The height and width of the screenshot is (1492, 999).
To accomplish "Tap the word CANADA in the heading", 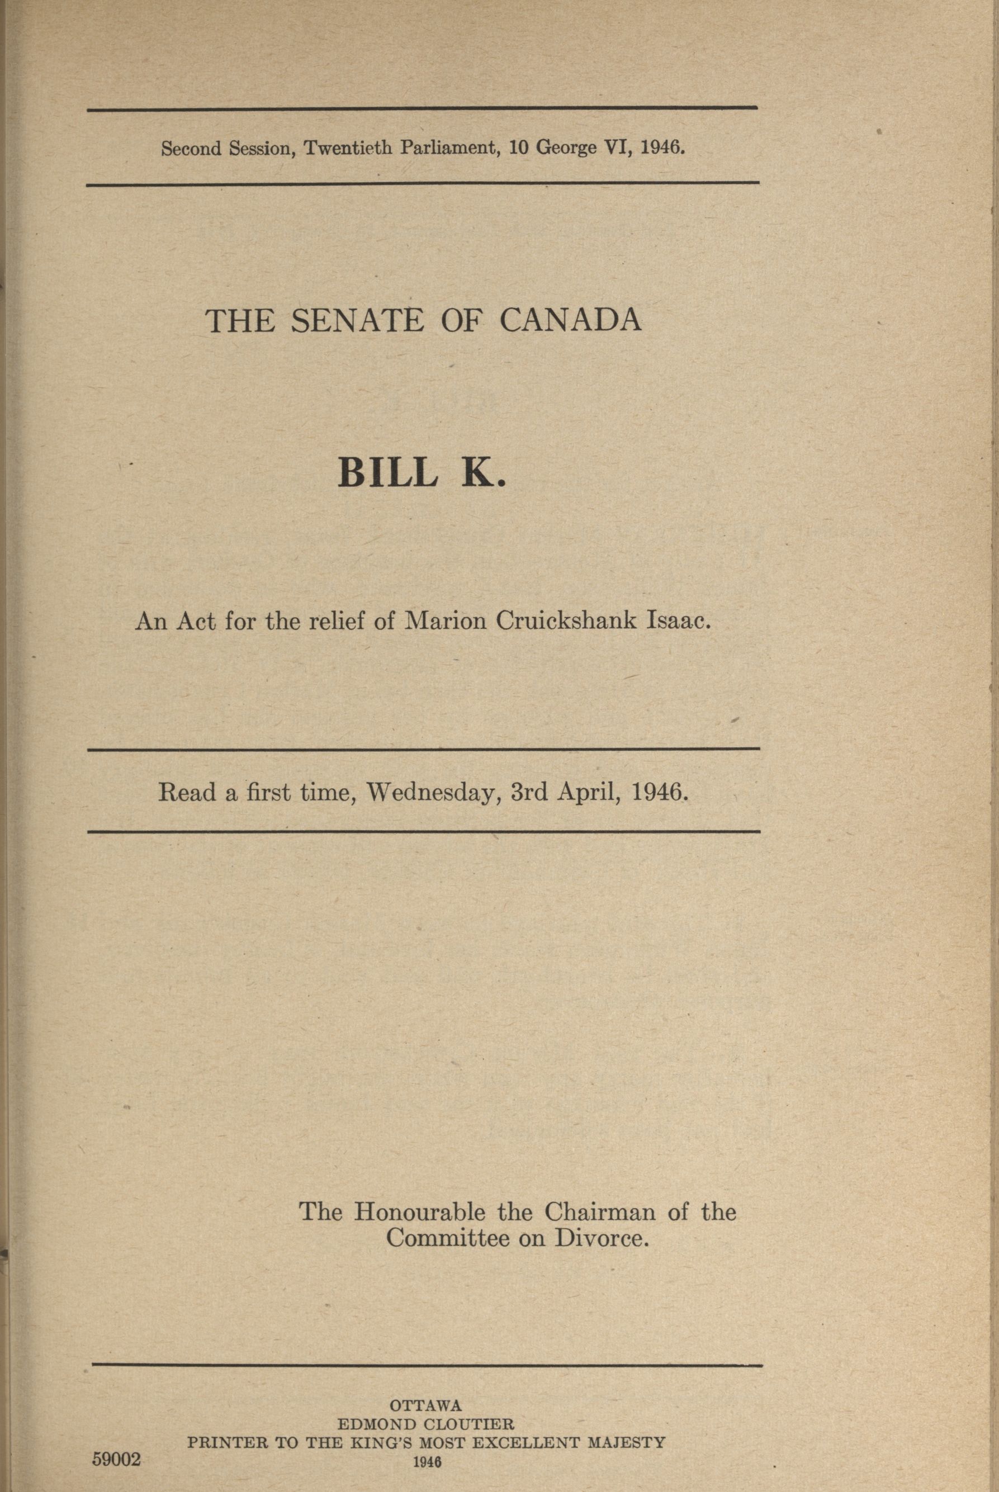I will [x=570, y=321].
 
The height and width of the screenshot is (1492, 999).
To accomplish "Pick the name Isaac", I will [x=678, y=621].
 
